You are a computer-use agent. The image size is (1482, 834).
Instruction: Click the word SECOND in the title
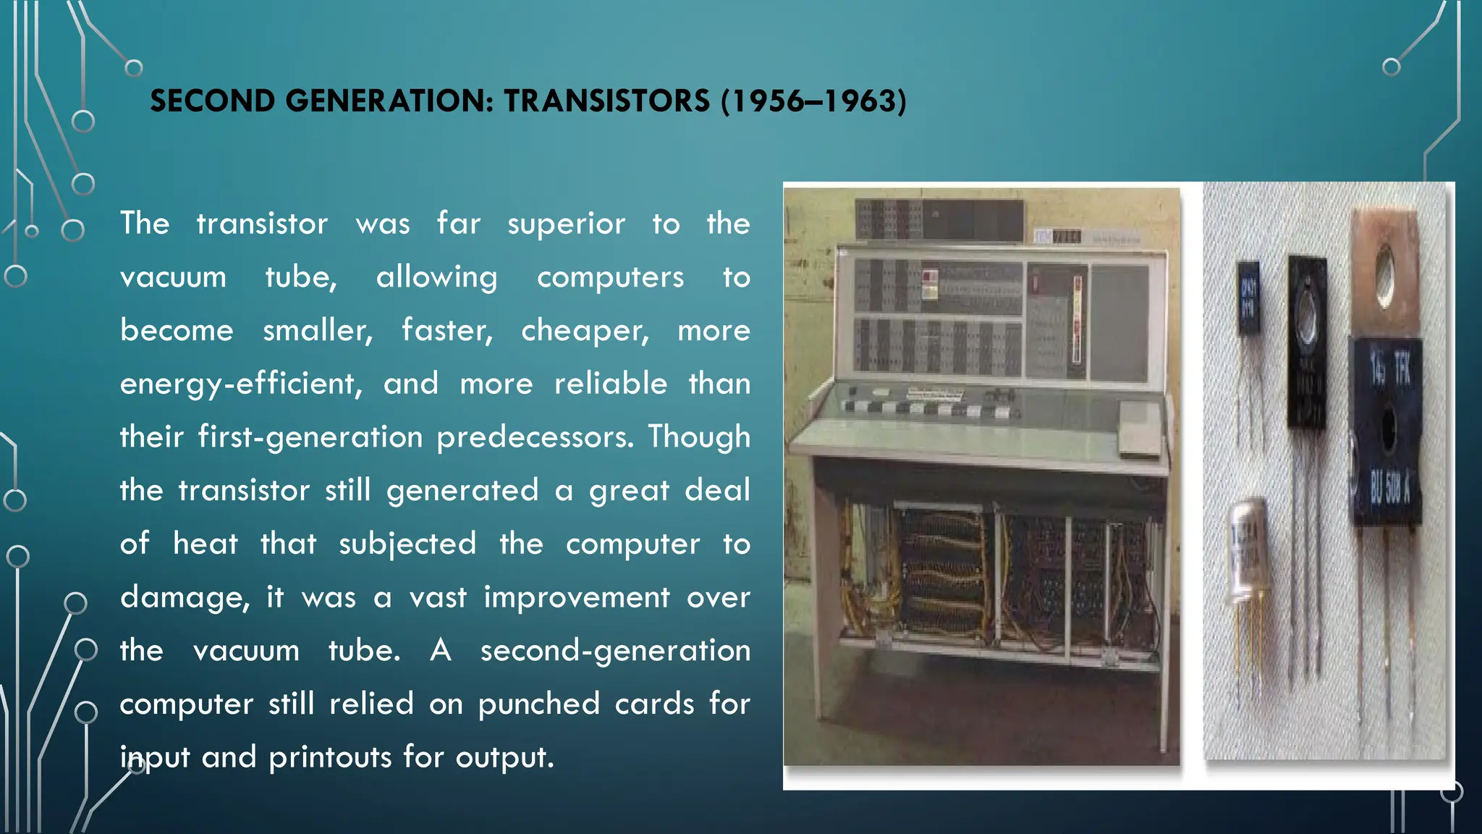pyautogui.click(x=212, y=101)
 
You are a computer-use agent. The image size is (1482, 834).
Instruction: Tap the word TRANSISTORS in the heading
pyautogui.click(x=606, y=101)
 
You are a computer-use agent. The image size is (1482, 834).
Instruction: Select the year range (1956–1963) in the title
pyautogui.click(x=813, y=101)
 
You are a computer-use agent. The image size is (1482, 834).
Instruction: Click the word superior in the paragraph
pyautogui.click(x=566, y=224)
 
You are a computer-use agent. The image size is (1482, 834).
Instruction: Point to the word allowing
pyautogui.click(x=436, y=278)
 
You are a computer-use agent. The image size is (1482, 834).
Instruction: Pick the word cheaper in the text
pyautogui.click(x=585, y=332)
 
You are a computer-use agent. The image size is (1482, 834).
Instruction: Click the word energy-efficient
pyautogui.click(x=241, y=384)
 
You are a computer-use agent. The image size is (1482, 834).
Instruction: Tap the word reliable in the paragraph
pyautogui.click(x=611, y=384)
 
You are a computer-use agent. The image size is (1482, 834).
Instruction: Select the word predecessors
pyautogui.click(x=535, y=438)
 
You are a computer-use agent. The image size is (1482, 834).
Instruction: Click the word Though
pyautogui.click(x=699, y=438)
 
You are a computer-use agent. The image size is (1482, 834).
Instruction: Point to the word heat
pyautogui.click(x=205, y=544)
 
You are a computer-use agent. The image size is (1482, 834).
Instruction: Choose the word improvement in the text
pyautogui.click(x=577, y=598)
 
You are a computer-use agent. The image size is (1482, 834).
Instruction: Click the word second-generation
pyautogui.click(x=615, y=651)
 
